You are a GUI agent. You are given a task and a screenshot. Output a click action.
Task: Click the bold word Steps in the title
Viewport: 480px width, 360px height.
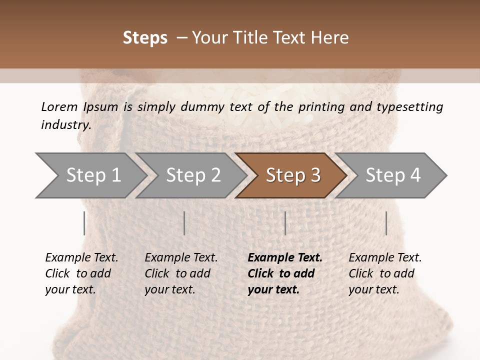coord(145,38)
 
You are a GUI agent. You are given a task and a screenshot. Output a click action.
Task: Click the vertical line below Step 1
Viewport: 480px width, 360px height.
coord(84,223)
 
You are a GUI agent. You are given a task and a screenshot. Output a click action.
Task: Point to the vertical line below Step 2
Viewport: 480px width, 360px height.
coord(184,223)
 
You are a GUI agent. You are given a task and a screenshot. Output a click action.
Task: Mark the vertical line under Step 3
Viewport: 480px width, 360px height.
coord(285,223)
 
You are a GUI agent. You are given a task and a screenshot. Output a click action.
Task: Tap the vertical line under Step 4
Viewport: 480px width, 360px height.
coord(386,223)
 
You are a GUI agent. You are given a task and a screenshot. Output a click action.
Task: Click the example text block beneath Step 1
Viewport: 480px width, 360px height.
coord(81,273)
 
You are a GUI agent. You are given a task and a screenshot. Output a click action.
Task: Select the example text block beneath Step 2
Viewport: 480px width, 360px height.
coord(181,273)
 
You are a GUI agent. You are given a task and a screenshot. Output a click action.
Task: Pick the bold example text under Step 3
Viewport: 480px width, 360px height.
coord(285,273)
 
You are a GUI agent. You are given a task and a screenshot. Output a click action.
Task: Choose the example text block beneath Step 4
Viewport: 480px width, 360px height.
coord(385,273)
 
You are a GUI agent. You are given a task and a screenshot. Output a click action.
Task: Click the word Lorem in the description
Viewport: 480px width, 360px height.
coord(59,106)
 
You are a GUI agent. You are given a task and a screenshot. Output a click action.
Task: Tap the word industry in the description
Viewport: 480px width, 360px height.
coord(65,125)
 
